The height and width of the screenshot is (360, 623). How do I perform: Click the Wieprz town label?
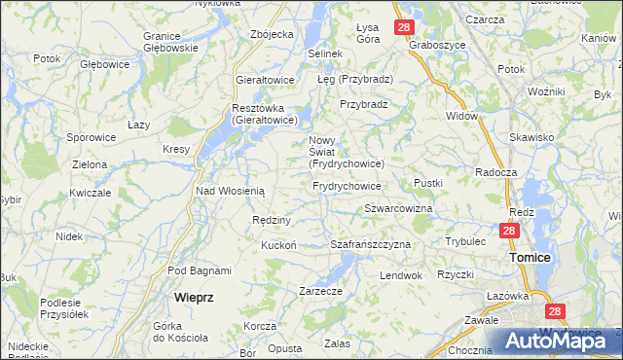click(x=194, y=297)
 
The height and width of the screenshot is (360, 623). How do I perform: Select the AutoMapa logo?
click(x=554, y=342)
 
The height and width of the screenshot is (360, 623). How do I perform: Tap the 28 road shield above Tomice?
click(x=508, y=231)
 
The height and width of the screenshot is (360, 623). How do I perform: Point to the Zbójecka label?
click(x=272, y=34)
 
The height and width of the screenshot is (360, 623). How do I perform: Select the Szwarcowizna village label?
click(x=398, y=209)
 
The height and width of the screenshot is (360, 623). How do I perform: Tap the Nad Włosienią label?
click(x=231, y=192)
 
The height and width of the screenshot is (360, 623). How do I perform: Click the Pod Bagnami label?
click(x=199, y=270)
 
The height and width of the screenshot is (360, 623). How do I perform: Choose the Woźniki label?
click(x=546, y=90)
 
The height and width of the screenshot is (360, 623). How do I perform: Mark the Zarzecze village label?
click(x=320, y=290)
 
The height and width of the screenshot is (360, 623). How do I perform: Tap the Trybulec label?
click(x=465, y=240)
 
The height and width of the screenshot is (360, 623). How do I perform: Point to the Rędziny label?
click(x=268, y=220)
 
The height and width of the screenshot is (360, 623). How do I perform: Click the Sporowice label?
click(x=92, y=137)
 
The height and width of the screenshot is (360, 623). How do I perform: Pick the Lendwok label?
click(x=401, y=275)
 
